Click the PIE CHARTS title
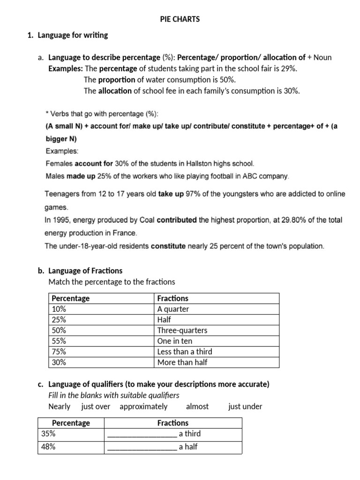(x=180, y=19)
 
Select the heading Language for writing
(x=73, y=35)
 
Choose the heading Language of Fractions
(x=85, y=270)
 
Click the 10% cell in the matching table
(x=59, y=309)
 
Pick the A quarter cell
(x=173, y=309)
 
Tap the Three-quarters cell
(x=182, y=330)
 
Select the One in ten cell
(x=175, y=341)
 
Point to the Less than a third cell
(x=185, y=352)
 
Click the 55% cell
(x=59, y=341)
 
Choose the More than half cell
(x=182, y=362)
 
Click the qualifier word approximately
(x=143, y=406)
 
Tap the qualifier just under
(x=245, y=406)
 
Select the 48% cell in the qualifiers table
(x=48, y=447)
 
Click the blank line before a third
(x=142, y=434)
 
